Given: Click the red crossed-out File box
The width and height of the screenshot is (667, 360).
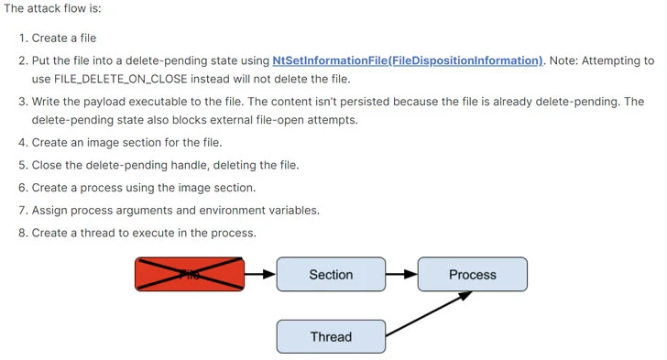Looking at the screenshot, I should pyautogui.click(x=190, y=274).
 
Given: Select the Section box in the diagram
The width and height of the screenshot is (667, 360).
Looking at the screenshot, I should pyautogui.click(x=331, y=274).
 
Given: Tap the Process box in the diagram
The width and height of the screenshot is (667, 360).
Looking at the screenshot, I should pyautogui.click(x=472, y=274).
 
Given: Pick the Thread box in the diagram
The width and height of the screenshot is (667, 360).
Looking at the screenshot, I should pyautogui.click(x=331, y=336).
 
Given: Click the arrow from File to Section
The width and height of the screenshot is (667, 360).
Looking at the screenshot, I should pyautogui.click(x=260, y=274).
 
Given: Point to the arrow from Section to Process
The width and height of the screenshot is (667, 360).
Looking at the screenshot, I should pyautogui.click(x=401, y=274).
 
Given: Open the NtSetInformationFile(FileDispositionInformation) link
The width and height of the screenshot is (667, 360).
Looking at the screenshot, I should pyautogui.click(x=407, y=60).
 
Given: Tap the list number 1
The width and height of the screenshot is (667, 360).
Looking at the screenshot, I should pyautogui.click(x=22, y=38).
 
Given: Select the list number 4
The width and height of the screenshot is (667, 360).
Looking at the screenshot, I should pyautogui.click(x=22, y=142).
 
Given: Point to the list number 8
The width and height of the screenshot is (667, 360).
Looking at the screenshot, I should pyautogui.click(x=22, y=233).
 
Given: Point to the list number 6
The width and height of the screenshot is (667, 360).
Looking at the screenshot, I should pyautogui.click(x=22, y=188).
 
